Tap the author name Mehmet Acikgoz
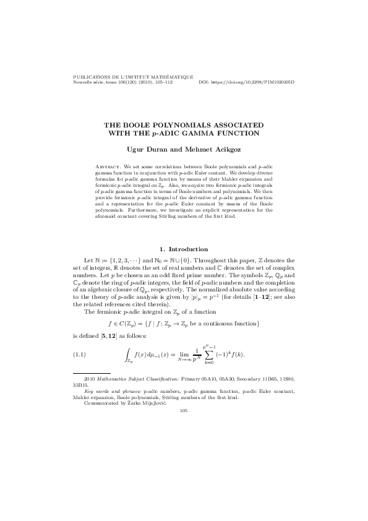[x=207, y=149]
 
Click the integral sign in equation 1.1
[x=127, y=353]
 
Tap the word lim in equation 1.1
[x=184, y=351]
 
